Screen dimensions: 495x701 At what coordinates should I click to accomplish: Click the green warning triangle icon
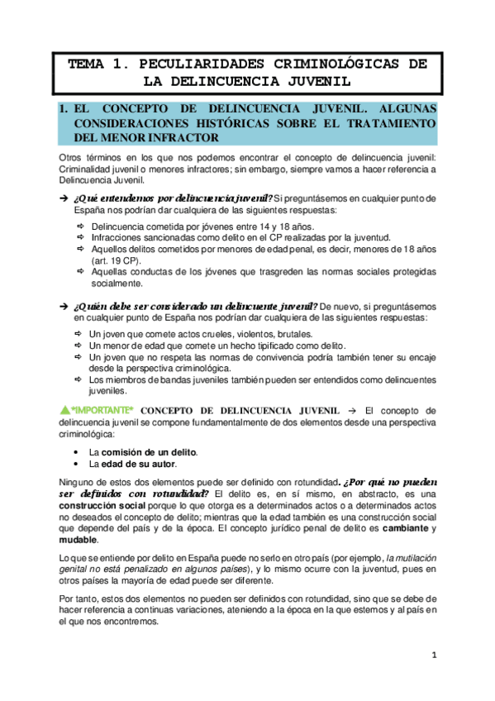tap(65, 410)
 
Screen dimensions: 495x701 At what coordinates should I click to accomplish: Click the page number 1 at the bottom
tap(433, 655)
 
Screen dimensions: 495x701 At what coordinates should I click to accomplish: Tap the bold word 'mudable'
tap(79, 540)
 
